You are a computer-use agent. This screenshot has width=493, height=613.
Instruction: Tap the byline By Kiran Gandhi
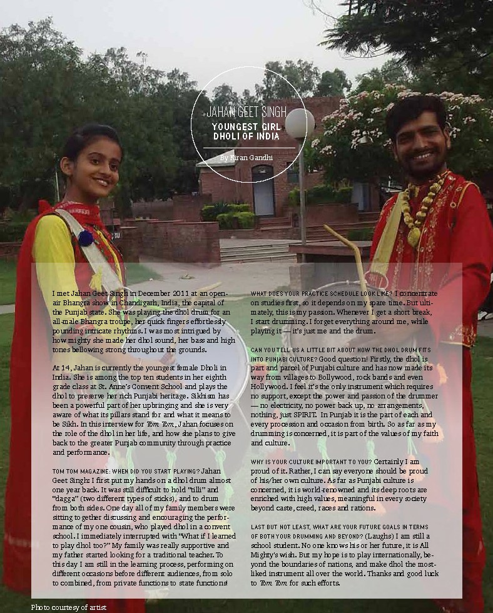(246, 157)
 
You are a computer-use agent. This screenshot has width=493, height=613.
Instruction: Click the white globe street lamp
(300, 123)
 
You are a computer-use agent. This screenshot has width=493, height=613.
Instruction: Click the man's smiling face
(420, 141)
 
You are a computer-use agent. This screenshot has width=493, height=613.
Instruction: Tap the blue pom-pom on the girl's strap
(86, 238)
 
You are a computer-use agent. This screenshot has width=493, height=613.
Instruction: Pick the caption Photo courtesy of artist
(69, 607)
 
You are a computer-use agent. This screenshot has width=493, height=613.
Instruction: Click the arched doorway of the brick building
(263, 191)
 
